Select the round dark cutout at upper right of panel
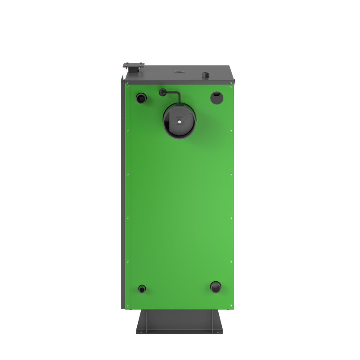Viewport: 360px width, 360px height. point(216,96)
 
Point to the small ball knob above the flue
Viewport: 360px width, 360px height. point(162,93)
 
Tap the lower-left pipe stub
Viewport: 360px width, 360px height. point(142,288)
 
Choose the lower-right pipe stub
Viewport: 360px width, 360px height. point(216,287)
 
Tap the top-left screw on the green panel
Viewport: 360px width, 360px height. point(128,87)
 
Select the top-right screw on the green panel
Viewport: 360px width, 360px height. point(231,87)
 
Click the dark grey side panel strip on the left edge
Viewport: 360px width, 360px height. point(123,193)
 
